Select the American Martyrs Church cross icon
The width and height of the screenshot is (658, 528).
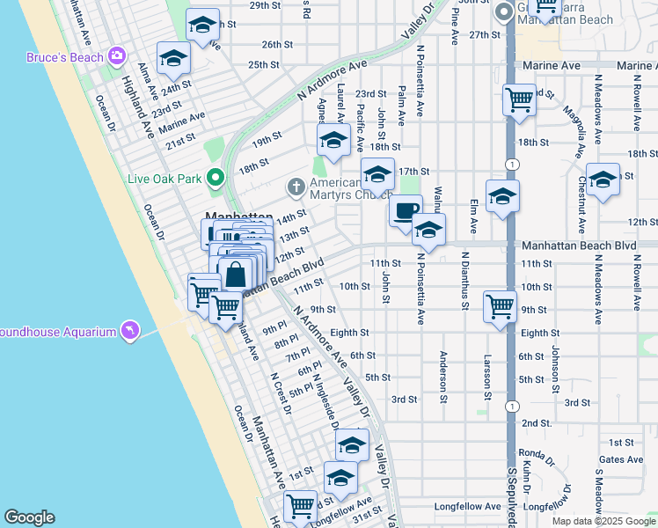pyautogui.click(x=296, y=187)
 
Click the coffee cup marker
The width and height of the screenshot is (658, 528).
pyautogui.click(x=406, y=210)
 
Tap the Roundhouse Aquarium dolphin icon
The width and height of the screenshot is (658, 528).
pyautogui.click(x=130, y=329)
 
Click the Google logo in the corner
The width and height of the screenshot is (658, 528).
pyautogui.click(x=29, y=517)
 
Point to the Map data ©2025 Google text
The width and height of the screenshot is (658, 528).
pyautogui.click(x=604, y=521)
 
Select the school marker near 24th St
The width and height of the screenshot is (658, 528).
pyautogui.click(x=174, y=58)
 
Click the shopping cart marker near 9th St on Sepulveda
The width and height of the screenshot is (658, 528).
pyautogui.click(x=500, y=307)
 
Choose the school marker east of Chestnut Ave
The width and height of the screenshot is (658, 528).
pyautogui.click(x=603, y=180)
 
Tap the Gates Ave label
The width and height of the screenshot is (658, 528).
pyautogui.click(x=621, y=459)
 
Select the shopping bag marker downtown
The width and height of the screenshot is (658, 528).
pyautogui.click(x=236, y=274)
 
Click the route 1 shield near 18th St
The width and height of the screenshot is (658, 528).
pyautogui.click(x=511, y=165)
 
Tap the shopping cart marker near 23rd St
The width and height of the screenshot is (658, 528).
pyautogui.click(x=519, y=99)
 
